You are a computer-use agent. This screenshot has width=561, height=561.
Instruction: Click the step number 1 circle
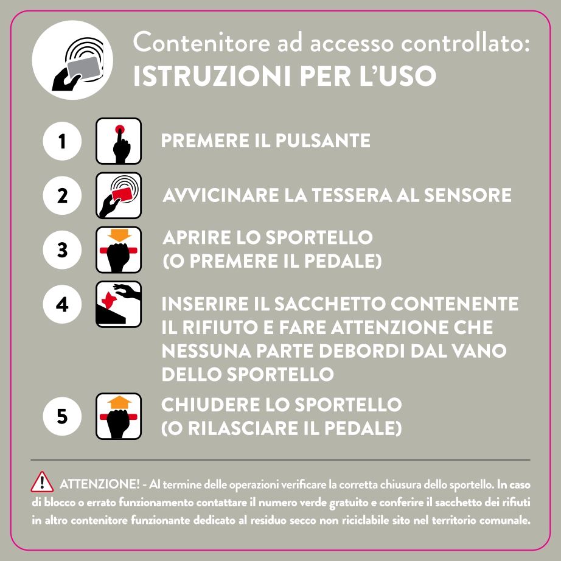point(62,141)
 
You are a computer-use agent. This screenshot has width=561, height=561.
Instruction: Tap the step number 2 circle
point(62,196)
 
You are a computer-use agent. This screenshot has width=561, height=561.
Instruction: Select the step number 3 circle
point(62,249)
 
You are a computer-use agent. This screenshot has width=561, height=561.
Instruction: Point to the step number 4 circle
point(62,304)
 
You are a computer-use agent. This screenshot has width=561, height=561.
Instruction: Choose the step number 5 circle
point(62,417)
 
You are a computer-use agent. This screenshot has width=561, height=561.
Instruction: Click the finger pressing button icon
point(119,141)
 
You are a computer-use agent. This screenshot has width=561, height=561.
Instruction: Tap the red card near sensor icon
point(119,195)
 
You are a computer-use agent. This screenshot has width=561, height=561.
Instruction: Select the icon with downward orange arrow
point(119,249)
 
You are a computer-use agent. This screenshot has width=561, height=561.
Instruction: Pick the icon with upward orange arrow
point(119,416)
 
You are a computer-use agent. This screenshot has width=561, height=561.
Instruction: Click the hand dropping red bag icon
point(119,304)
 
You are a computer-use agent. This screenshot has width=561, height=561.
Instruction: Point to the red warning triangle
point(42,482)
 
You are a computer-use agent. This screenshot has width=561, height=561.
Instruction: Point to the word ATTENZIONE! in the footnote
point(100,484)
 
